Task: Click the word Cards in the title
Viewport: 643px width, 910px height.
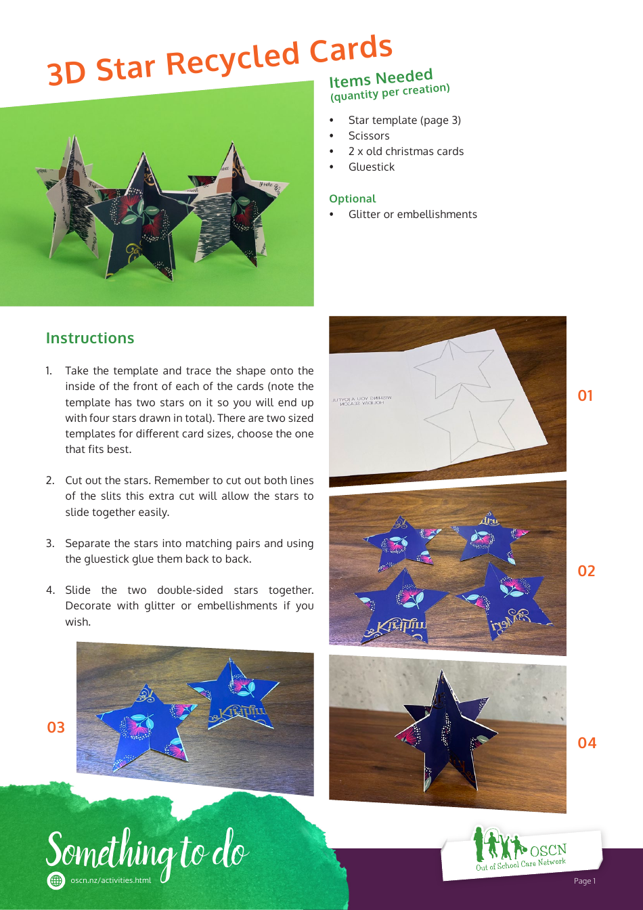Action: (351, 51)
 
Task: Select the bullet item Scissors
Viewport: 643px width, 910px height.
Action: (369, 135)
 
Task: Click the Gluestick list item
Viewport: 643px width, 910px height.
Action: (371, 167)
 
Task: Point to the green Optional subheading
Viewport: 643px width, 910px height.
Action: (352, 198)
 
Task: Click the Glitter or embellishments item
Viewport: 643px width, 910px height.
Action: (412, 214)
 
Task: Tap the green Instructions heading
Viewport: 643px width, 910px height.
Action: (90, 338)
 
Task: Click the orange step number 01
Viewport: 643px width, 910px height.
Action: (585, 395)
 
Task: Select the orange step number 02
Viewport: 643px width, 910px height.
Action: (586, 571)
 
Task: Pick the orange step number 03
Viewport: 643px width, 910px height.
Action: (56, 727)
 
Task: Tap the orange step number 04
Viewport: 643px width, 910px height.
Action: (587, 743)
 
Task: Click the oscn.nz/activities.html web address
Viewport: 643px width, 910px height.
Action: (110, 880)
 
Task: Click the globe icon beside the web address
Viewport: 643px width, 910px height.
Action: (56, 880)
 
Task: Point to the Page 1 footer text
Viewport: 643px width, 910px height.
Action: (584, 881)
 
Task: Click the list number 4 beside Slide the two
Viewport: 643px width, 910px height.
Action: (50, 590)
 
